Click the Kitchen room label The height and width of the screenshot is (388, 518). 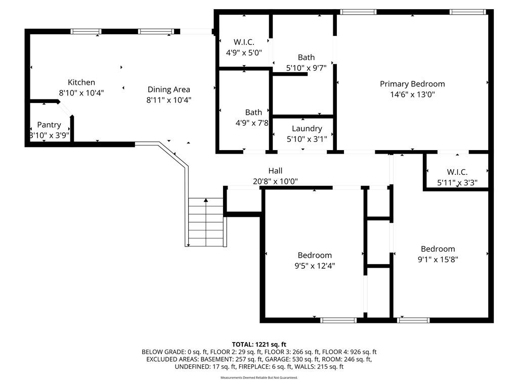pos(81,82)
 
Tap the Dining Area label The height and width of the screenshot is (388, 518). pos(169,89)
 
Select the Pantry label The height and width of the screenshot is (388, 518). pos(49,125)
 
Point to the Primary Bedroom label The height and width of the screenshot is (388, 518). pos(412,84)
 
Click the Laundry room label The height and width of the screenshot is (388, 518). pos(307,129)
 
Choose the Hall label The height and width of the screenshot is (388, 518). pos(275,171)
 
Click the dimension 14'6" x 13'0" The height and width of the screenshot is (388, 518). pos(412,94)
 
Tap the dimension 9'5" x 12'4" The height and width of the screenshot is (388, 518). pos(315,266)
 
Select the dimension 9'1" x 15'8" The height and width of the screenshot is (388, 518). pos(438,259)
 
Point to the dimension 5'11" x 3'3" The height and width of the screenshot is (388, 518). pos(457,182)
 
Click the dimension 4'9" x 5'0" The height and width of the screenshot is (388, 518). pos(244,53)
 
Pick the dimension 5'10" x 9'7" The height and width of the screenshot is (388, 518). pos(306,68)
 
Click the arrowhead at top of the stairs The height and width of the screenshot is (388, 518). pos(206,200)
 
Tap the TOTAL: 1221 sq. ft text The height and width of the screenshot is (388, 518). pos(259,345)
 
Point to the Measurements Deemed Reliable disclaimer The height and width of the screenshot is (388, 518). pos(259,377)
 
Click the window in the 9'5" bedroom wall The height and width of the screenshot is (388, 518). pos(338,320)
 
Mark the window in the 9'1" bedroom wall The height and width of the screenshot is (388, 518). pos(413,320)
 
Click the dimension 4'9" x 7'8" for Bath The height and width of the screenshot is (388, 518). pos(252,123)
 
